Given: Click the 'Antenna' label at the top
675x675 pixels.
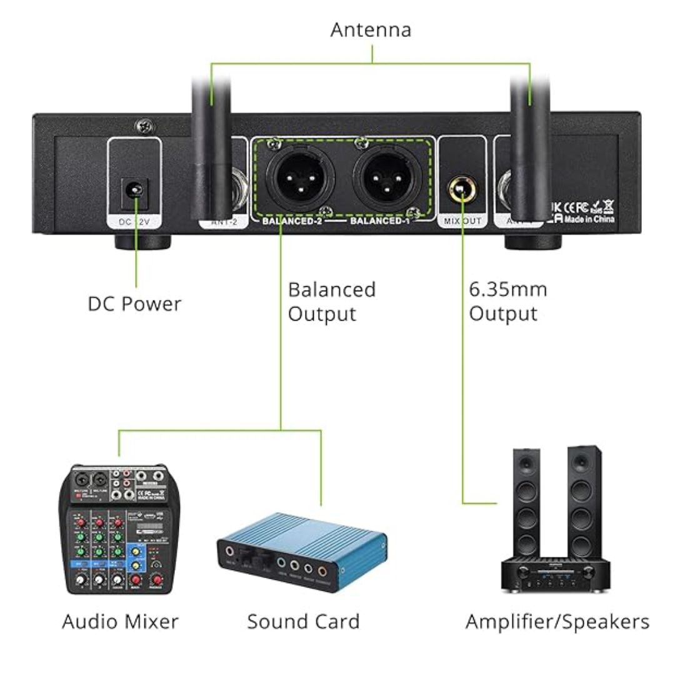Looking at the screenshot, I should (x=371, y=29).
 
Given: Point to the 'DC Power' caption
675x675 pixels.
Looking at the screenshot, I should (x=134, y=304).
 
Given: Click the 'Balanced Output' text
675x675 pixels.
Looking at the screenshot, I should (x=332, y=301).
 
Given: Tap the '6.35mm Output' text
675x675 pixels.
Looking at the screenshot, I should (x=507, y=301).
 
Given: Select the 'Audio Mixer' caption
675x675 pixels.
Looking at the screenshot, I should (x=120, y=622).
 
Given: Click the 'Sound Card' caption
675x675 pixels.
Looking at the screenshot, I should (x=303, y=622).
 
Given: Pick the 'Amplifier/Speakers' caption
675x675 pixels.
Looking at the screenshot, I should (x=557, y=622).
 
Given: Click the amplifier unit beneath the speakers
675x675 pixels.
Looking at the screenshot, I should (x=556, y=576).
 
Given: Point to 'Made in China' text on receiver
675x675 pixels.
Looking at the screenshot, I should (x=590, y=219).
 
